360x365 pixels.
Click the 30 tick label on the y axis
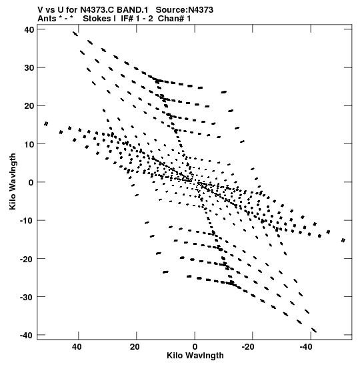click(29, 68)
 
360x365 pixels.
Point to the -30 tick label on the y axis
click(27, 297)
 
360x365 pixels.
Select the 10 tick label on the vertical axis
click(29, 144)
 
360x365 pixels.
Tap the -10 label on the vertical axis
click(27, 220)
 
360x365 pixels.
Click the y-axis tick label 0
click(31, 182)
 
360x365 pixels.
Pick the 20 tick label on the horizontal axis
click(135, 347)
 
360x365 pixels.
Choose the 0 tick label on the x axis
click(195, 347)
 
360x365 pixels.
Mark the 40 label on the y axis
click(29, 29)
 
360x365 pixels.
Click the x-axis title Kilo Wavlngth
click(195, 356)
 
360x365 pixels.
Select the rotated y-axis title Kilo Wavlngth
click(13, 181)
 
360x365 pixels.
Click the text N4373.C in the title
click(97, 10)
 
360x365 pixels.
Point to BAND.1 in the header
click(132, 10)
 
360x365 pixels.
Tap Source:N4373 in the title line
click(185, 10)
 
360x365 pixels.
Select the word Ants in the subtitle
click(47, 19)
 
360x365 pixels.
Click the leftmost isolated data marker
click(46, 123)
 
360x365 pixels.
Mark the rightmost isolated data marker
click(343, 240)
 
